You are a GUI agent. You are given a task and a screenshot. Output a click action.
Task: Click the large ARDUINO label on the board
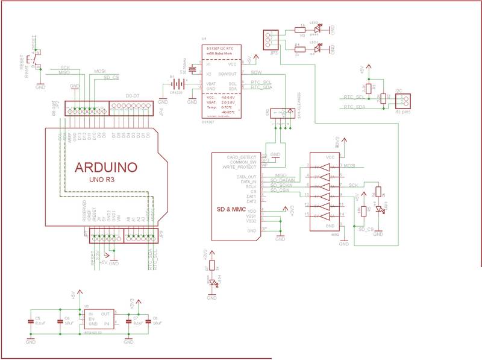[x=106, y=167]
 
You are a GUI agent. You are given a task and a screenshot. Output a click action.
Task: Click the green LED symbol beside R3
[x=319, y=28]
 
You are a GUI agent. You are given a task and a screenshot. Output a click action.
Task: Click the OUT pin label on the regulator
[x=105, y=314]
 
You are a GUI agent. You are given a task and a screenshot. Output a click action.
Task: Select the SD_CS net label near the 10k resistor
[x=366, y=230]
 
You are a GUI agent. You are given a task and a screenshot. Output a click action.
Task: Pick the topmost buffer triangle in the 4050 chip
[x=325, y=165]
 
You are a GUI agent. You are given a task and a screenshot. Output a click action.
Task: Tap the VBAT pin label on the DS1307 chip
[x=211, y=83]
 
